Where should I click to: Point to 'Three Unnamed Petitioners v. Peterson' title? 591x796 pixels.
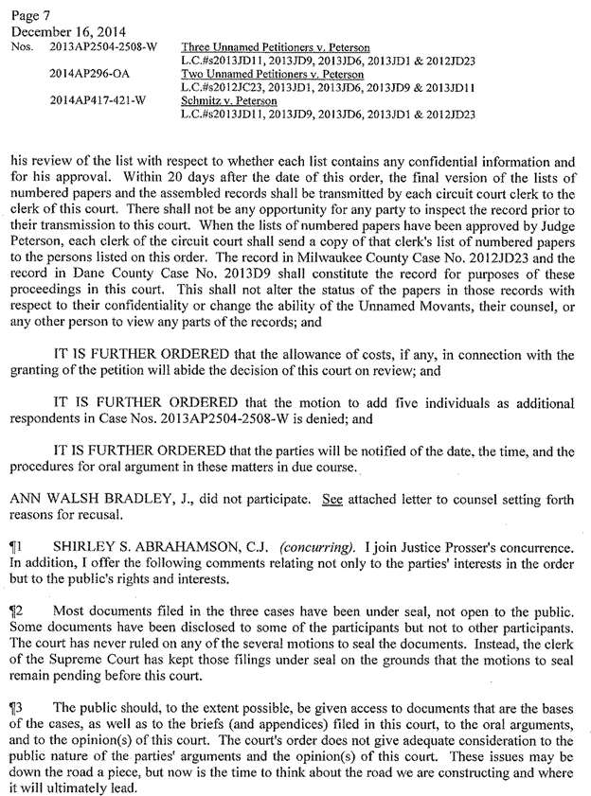click(275, 46)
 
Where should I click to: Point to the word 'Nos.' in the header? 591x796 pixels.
click(21, 45)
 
